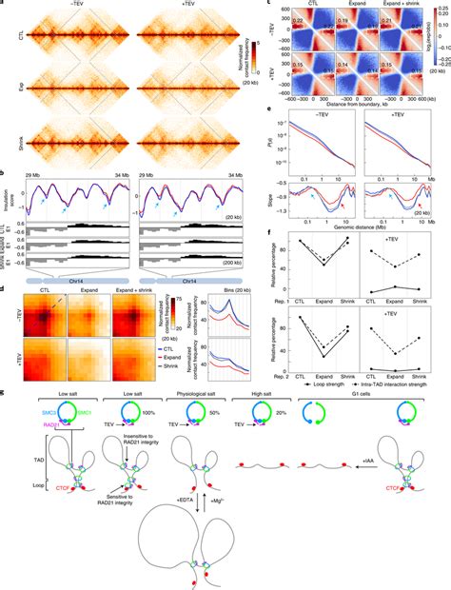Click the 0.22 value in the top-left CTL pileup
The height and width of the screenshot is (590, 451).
pyautogui.click(x=271, y=20)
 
